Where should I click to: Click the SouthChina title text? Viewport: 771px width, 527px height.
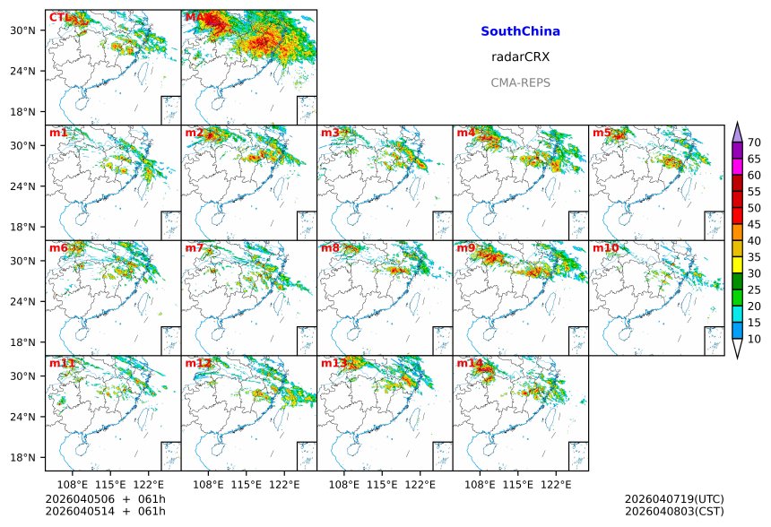click(x=520, y=31)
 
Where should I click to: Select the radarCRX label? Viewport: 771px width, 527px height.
click(x=520, y=56)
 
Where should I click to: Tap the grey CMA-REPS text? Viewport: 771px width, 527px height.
click(x=520, y=82)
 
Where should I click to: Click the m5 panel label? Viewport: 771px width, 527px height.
click(x=602, y=133)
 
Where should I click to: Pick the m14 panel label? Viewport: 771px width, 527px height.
click(x=469, y=363)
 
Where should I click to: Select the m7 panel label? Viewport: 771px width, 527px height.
click(x=195, y=248)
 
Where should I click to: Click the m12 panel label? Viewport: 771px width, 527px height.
click(x=198, y=363)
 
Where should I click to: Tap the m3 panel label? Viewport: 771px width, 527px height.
click(x=330, y=133)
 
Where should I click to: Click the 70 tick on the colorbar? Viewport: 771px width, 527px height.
click(x=755, y=143)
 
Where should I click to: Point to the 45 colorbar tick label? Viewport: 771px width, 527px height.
click(x=755, y=224)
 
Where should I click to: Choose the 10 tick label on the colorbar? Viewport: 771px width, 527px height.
click(x=755, y=339)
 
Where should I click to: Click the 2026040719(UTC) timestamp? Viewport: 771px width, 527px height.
click(x=673, y=499)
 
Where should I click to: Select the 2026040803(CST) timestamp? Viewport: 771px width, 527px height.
click(x=673, y=511)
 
